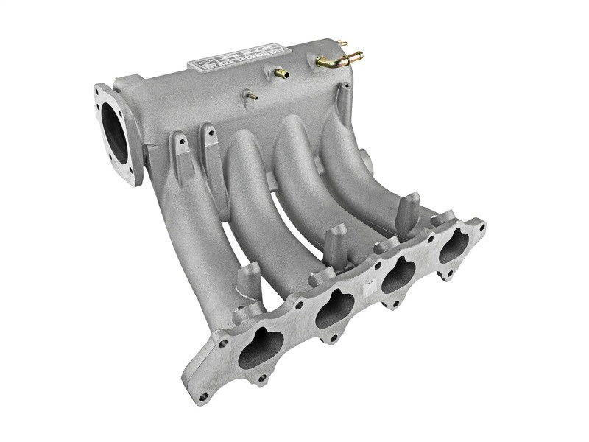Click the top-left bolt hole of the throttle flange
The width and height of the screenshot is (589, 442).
(x=98, y=94)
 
